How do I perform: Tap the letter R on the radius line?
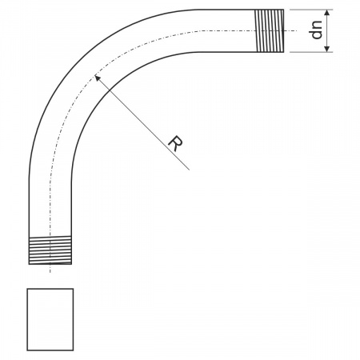tap(175, 143)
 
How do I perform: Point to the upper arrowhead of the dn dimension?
tap(327, 14)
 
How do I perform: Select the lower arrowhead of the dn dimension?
tap(327, 48)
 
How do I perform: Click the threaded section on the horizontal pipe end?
tap(269, 30)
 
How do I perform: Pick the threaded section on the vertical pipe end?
tap(50, 250)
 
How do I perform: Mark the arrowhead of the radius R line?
tap(98, 78)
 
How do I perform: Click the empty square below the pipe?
tap(50, 319)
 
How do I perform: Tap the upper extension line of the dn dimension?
tap(311, 10)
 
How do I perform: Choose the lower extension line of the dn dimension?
tap(311, 52)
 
